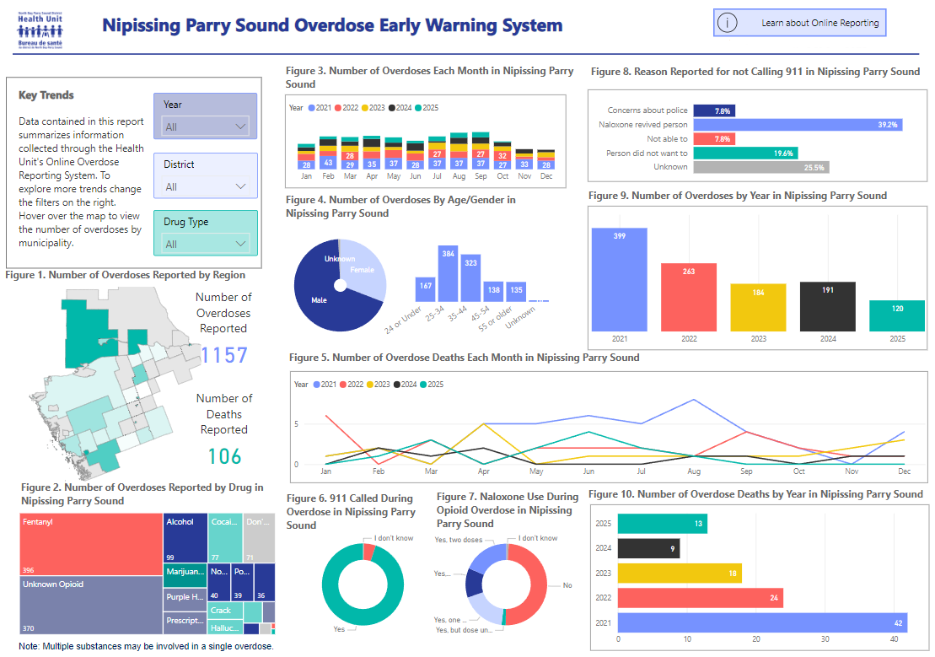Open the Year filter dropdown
pos(206,127)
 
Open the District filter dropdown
pos(206,186)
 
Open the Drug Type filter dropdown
pos(206,244)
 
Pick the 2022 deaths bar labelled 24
pos(700,598)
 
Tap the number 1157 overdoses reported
pos(224,355)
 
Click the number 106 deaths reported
pos(224,456)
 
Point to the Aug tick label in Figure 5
pos(693,471)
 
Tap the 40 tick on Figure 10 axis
pos(895,638)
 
